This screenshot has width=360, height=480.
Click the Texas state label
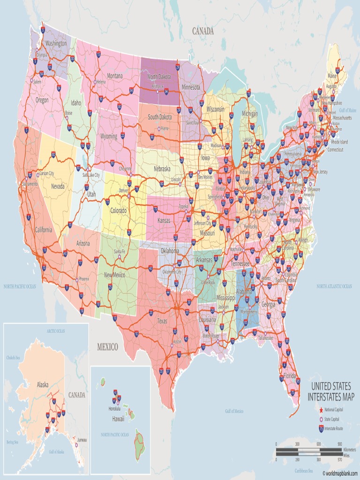click(162, 321)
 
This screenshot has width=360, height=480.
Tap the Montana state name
click(115, 76)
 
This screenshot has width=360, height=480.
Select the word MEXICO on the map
click(107, 347)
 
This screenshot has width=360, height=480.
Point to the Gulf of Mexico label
click(234, 411)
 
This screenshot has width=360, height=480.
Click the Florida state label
click(289, 376)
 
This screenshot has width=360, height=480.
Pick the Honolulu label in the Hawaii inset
click(114, 408)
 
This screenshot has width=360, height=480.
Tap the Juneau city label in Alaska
click(82, 440)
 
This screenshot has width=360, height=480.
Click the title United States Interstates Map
click(330, 392)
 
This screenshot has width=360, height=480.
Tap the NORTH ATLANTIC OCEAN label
click(334, 286)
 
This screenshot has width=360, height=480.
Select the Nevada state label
click(58, 186)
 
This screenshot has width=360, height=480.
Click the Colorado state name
click(118, 210)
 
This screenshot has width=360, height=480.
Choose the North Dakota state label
click(159, 76)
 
